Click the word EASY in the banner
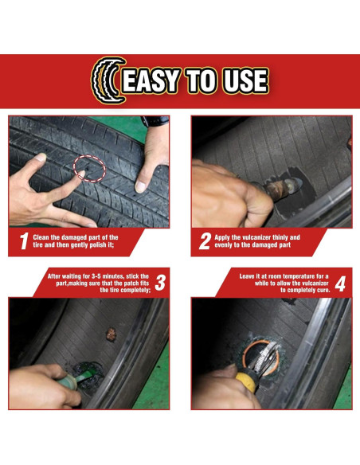151,80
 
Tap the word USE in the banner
246,80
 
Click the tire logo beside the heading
108,80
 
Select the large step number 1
25,240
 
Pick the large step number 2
205,240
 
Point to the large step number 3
160,283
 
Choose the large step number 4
340,283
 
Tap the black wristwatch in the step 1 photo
155,121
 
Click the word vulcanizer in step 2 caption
256,237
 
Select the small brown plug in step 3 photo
111,334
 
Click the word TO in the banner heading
202,80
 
